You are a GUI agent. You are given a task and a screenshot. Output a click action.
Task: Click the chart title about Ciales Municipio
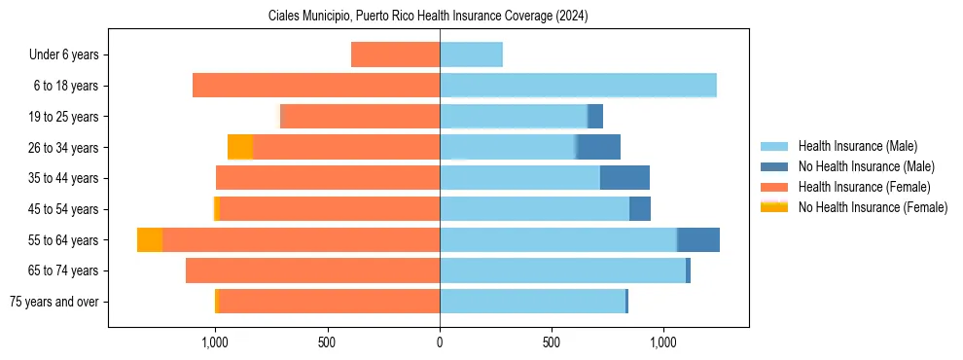(428, 17)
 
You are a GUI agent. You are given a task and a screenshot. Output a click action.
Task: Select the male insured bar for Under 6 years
(471, 54)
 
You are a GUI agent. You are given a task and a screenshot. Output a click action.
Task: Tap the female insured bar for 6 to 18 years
(316, 86)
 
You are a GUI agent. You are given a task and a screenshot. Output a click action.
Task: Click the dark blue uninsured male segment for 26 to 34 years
(599, 147)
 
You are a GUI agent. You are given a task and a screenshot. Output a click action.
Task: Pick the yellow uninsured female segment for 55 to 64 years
(150, 239)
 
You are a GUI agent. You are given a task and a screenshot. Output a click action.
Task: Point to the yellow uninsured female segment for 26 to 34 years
(240, 147)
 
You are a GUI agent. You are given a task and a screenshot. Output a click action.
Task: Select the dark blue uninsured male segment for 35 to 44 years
(624, 178)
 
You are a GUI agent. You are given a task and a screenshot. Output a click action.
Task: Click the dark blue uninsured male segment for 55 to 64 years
(698, 239)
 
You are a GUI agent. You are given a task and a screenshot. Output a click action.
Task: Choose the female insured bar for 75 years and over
(329, 302)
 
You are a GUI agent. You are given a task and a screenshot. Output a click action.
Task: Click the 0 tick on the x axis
(440, 342)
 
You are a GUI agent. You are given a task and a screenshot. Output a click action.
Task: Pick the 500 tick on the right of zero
(552, 342)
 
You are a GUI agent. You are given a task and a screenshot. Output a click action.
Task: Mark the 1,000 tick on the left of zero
(215, 342)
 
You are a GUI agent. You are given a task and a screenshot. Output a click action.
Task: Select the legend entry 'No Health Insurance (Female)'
(873, 207)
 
